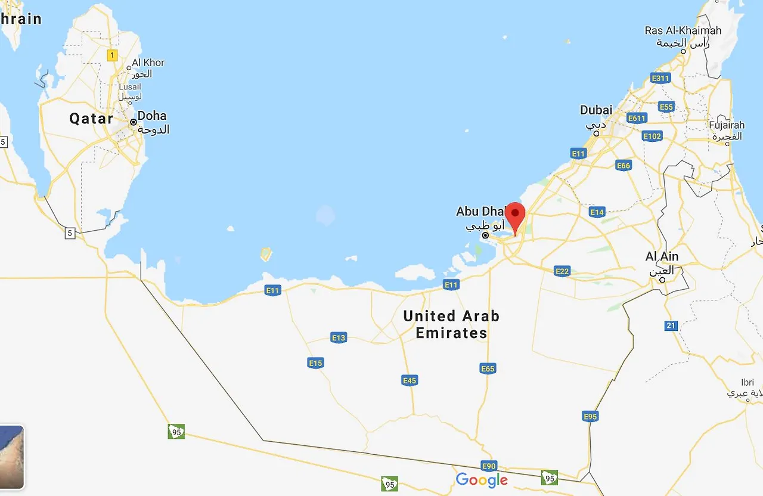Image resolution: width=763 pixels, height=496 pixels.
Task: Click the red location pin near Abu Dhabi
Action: coord(515,215)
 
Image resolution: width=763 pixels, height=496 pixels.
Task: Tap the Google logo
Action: coord(482,480)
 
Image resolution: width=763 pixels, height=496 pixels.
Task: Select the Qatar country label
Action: coord(91,119)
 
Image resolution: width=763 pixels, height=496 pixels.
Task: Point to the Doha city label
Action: coord(152,116)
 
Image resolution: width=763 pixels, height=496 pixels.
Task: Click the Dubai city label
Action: coord(596,110)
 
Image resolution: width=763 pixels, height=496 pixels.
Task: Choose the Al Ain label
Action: coord(662,257)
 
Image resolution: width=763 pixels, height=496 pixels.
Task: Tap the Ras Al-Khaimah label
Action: coord(683,30)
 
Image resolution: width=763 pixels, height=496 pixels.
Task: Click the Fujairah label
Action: coord(727,125)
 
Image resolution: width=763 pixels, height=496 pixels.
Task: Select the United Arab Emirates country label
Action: coord(451,324)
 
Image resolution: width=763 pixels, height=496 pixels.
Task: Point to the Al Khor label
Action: coord(148,63)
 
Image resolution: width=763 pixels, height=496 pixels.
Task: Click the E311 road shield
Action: coord(660,78)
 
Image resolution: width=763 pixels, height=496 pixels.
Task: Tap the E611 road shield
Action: coord(637,118)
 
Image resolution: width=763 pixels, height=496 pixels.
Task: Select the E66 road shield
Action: coord(624,166)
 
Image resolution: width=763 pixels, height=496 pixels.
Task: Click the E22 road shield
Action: coord(562,271)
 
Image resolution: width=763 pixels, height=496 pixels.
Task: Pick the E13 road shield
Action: coord(339,338)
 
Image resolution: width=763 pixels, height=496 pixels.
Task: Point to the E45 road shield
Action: coord(410,380)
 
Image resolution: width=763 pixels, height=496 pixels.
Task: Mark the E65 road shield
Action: coord(488,369)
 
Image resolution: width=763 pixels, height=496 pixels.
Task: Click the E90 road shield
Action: coord(488,466)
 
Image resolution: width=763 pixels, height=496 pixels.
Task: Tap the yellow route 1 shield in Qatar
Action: coord(111,55)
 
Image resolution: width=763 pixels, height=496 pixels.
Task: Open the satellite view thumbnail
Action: coord(11,457)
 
